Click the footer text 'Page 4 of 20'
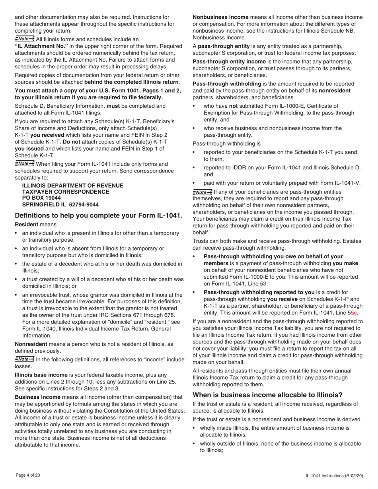(28, 475)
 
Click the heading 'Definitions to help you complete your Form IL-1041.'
(98, 215)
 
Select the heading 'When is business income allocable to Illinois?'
(267, 395)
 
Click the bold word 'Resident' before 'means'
(26, 225)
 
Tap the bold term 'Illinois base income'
(41, 375)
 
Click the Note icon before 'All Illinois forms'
(24, 39)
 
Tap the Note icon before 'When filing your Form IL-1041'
(24, 163)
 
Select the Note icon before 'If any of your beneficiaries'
(202, 192)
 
